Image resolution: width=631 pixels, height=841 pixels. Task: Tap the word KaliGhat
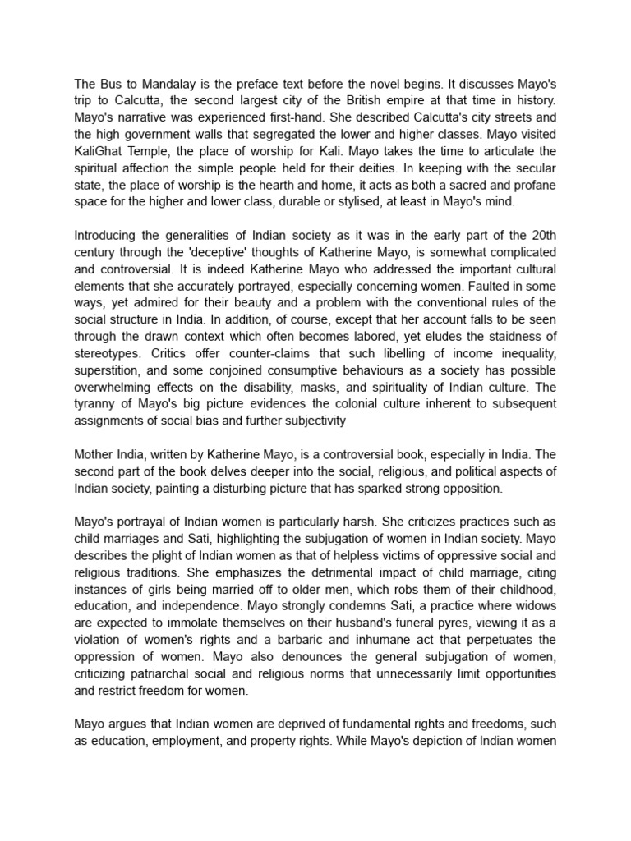pyautogui.click(x=102, y=152)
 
